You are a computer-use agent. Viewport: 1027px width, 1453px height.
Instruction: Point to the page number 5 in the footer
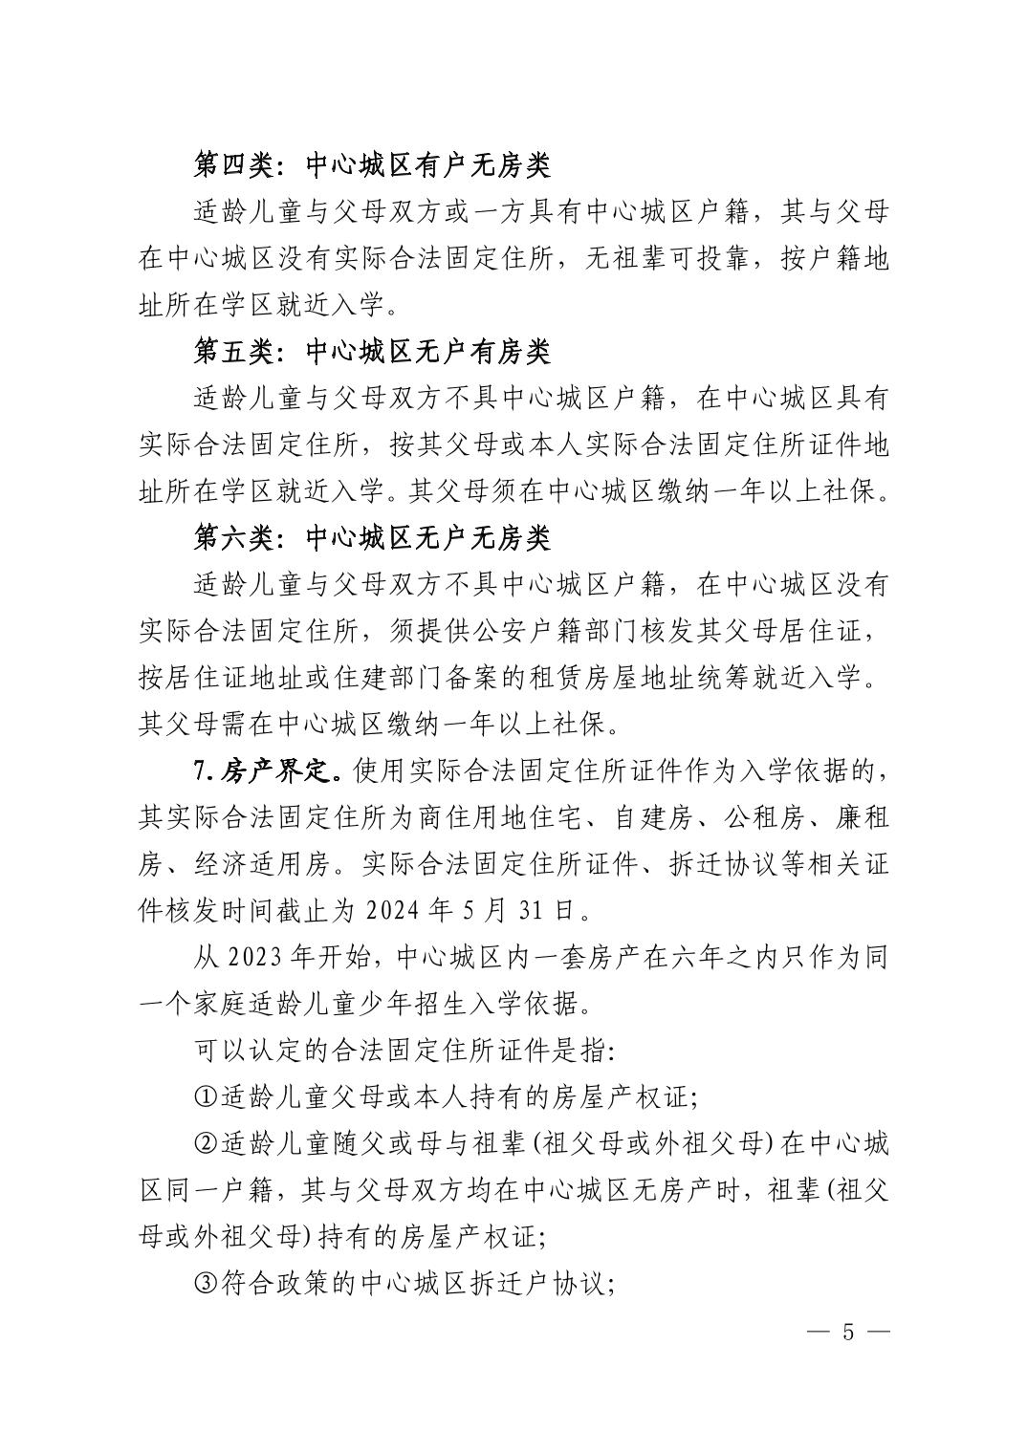846,1333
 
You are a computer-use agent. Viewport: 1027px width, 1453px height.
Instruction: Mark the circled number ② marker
205,1144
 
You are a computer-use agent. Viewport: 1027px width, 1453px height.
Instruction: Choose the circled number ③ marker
205,1284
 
